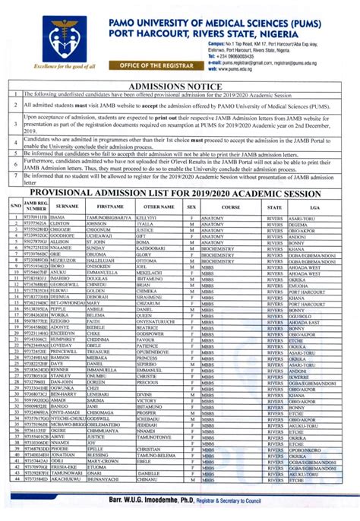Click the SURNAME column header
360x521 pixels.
coord(67,207)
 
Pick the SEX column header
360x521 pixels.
coord(191,207)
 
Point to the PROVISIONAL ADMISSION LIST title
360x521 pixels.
coord(181,194)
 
